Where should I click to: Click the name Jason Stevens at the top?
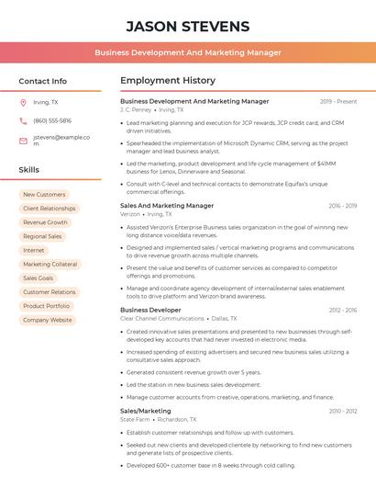point(187,26)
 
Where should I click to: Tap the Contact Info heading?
point(42,81)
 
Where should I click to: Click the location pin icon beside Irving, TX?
point(23,103)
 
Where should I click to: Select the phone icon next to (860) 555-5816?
point(23,120)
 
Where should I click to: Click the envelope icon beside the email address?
point(23,141)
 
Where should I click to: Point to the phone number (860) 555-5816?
point(52,120)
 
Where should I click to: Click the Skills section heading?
point(29,170)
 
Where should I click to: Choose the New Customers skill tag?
point(44,195)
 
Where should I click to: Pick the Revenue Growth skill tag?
point(45,222)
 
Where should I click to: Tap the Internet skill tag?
point(34,250)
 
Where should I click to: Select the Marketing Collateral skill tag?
point(50,264)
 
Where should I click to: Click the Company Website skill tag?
point(48,320)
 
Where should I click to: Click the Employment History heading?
point(168,81)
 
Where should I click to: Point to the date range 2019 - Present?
point(338,101)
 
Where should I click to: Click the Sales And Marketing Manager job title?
point(167,206)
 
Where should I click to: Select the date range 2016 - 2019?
point(342,206)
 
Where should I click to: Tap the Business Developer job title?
point(150,311)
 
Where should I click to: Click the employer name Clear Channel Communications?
point(162,319)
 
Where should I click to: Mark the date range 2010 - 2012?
point(342,411)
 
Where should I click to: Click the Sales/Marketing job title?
point(146,411)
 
